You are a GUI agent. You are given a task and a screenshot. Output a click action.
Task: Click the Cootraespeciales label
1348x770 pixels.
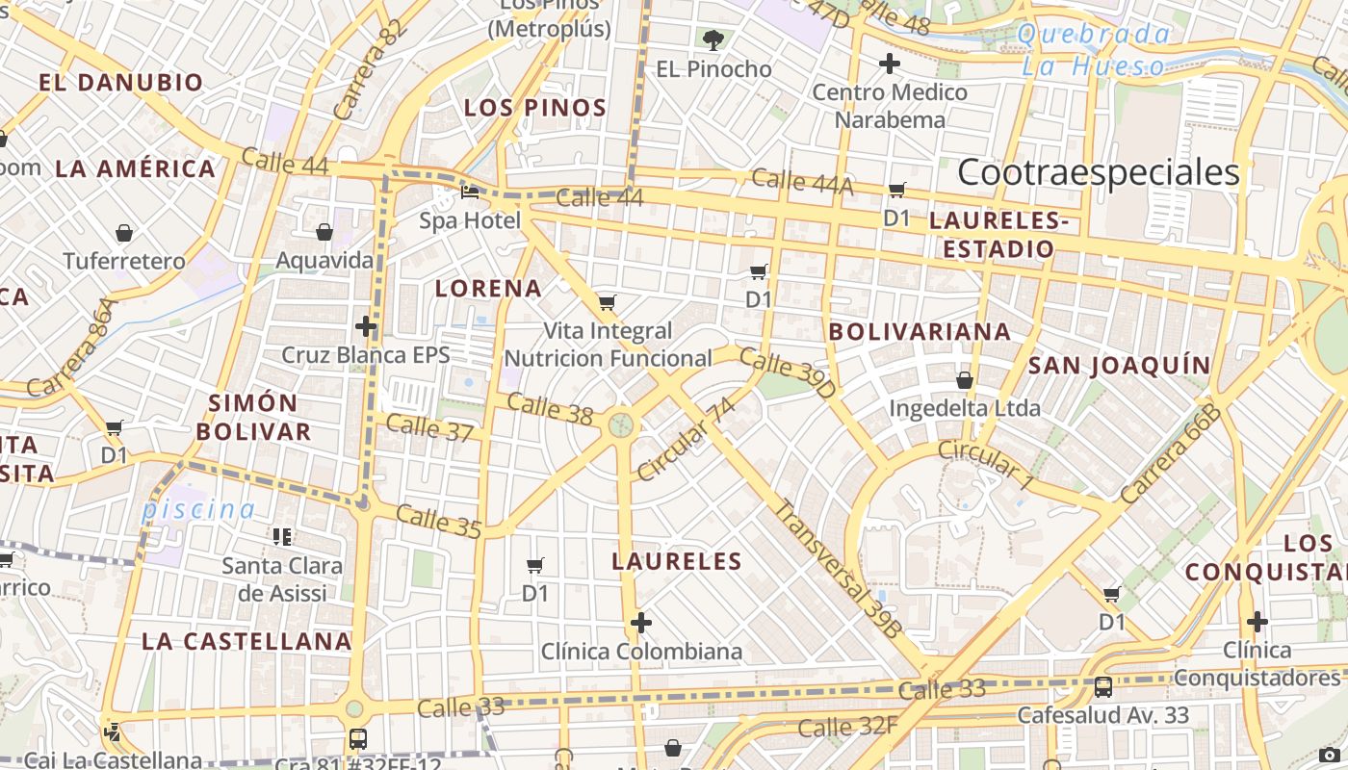(1098, 172)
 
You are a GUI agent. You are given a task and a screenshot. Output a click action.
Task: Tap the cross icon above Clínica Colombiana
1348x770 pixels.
(641, 623)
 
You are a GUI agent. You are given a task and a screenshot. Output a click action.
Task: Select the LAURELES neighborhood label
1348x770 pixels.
(677, 561)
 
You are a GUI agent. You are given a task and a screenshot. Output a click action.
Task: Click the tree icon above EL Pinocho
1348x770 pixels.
(713, 40)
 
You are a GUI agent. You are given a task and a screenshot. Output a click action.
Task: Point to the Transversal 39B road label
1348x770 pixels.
(839, 568)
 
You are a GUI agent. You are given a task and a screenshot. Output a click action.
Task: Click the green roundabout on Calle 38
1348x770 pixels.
(621, 424)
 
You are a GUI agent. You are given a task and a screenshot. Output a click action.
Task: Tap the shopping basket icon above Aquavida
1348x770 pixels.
(324, 232)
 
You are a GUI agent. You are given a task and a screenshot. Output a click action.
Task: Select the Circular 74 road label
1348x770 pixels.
(686, 439)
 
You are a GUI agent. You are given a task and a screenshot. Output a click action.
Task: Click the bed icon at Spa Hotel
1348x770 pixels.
(470, 192)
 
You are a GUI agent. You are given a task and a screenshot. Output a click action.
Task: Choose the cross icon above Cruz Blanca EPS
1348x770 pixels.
(366, 325)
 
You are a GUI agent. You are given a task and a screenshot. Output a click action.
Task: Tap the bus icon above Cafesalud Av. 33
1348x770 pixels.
(1103, 687)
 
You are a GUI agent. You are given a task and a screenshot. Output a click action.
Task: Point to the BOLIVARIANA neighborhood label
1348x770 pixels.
(920, 332)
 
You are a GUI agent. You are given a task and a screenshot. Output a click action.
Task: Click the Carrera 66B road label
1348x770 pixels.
(1171, 454)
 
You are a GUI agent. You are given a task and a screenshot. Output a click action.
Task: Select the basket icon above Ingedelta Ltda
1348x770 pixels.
(965, 380)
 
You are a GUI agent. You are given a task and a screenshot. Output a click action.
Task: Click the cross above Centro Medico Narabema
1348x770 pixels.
(890, 64)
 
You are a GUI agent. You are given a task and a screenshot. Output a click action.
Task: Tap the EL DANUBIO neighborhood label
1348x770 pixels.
(121, 83)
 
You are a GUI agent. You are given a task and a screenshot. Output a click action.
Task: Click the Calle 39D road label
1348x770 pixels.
(788, 374)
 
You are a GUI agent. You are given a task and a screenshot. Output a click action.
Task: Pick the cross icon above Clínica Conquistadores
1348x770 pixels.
(1257, 621)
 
